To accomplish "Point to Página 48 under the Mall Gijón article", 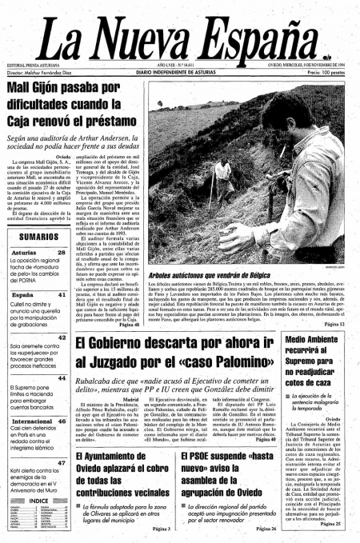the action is click(x=128, y=325).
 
